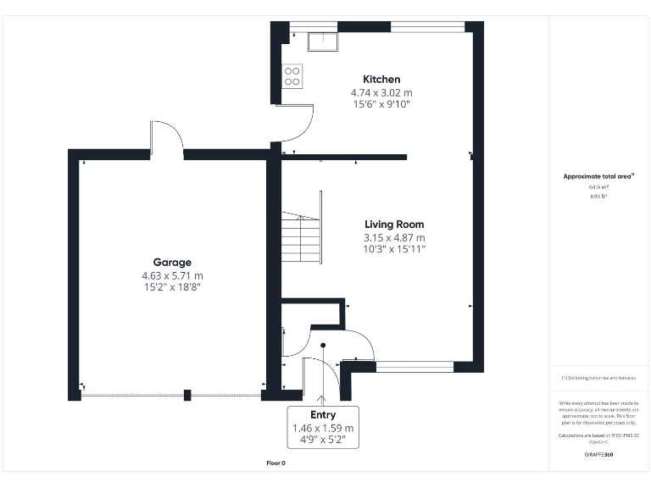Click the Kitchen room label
pos(381,79)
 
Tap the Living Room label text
pos(394,225)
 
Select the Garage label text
pos(172,263)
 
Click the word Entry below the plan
pos(323,415)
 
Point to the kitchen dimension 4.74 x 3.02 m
pos(381,92)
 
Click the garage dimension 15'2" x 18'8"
pos(172,288)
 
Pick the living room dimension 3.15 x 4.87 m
pos(394,237)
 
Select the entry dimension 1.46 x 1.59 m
pos(323,429)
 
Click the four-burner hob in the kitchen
pos(292,76)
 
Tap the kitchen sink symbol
pos(323,42)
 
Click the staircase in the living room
pos(301,229)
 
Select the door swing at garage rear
pos(166,137)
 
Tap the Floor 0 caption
pos(276,463)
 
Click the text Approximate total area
pos(598,176)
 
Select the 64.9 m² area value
pos(598,186)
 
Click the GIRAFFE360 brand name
pos(598,455)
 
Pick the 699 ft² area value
pos(598,196)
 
